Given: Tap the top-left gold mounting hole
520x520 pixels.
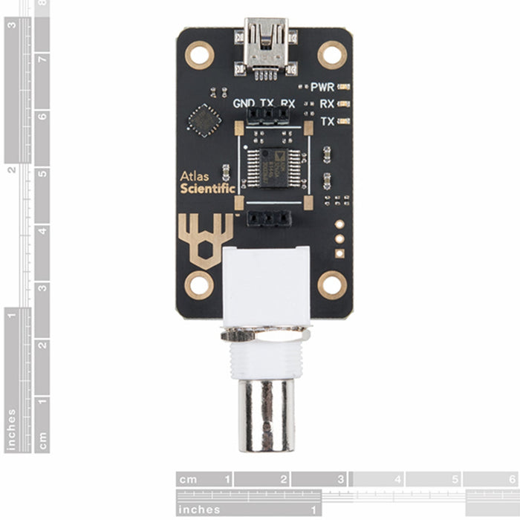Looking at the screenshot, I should coord(199,55).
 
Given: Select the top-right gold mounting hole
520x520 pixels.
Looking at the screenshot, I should coord(332,55).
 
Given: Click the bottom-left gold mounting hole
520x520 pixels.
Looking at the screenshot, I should coord(199,285).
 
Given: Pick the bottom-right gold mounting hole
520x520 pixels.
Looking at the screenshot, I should coord(332,285).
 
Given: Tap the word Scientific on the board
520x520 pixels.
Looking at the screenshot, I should coord(207,189).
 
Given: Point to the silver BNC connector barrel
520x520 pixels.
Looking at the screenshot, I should coord(265,415).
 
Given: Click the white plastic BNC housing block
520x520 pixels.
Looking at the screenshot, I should coord(265,286).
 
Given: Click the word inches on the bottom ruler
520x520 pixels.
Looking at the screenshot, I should coord(199,509).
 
